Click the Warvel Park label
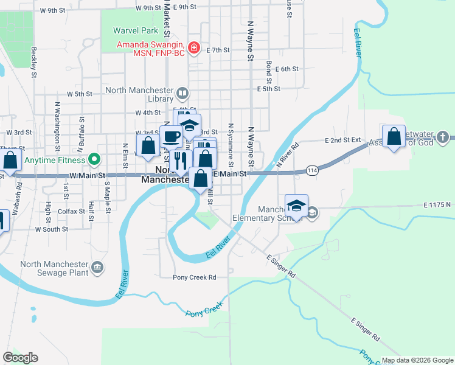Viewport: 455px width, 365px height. point(136,30)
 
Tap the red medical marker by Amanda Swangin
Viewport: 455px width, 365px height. point(193,47)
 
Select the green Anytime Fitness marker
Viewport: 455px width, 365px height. point(94,160)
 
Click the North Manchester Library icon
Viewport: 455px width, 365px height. point(182,94)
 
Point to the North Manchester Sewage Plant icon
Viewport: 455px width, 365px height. point(97,268)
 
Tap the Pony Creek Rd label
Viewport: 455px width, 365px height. point(195,277)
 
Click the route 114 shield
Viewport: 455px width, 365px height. point(312,171)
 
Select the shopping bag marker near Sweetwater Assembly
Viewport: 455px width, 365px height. point(394,136)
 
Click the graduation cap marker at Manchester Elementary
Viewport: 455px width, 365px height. point(296,206)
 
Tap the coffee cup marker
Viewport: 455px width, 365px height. point(172,136)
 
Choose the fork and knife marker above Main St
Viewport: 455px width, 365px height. point(179,160)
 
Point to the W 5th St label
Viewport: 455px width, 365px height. point(79,94)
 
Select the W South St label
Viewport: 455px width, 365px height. point(52,229)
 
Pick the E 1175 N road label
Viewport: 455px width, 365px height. point(437,205)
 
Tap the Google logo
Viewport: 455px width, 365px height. point(20,358)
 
